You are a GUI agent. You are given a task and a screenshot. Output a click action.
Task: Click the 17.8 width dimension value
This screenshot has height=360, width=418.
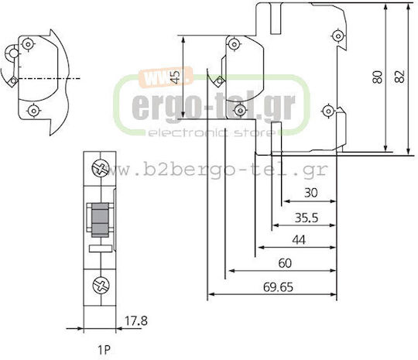pos(136,321)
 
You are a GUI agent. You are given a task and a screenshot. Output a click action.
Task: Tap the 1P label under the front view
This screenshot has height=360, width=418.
pos(104,350)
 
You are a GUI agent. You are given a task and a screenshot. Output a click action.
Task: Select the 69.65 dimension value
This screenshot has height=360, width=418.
pos(278,287)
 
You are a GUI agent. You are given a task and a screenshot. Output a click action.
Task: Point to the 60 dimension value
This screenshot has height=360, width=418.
pos(285,263)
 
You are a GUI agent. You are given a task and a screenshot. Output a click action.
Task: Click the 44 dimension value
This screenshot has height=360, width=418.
pos(299,240)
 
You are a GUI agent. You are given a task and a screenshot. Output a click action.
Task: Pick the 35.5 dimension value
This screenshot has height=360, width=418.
pos(307,218)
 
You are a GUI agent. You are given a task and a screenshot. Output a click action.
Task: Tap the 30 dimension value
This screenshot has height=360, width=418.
pos(311,193)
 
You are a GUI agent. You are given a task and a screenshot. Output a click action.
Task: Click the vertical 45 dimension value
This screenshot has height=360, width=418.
pos(175,77)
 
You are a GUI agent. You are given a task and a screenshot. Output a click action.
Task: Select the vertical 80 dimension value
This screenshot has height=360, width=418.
pos(378,77)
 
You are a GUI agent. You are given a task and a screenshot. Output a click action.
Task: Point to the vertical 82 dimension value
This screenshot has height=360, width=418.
pos(399,77)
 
